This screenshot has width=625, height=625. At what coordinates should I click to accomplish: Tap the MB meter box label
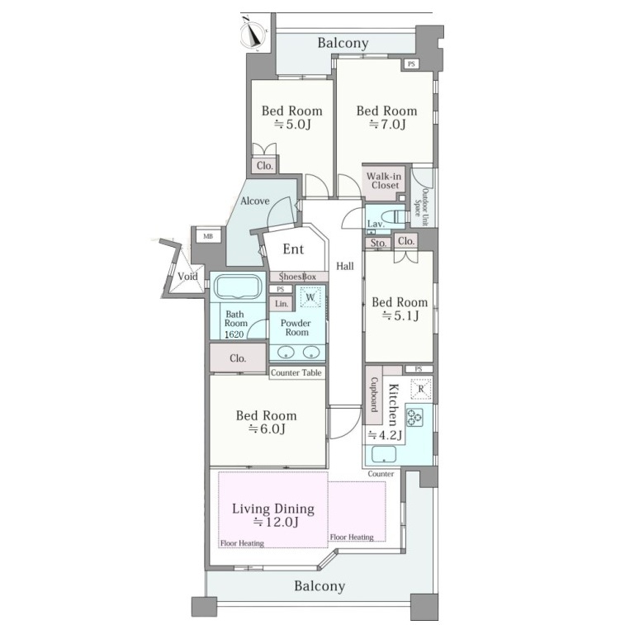coord(208,236)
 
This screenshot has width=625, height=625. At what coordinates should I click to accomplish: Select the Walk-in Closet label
coord(385,181)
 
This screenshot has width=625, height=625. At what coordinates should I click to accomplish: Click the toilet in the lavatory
coord(400,217)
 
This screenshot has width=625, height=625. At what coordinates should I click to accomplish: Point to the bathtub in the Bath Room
coord(238,286)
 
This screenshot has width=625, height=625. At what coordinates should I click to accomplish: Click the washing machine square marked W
coord(310,297)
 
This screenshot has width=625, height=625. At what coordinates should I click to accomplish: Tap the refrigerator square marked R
coord(421,389)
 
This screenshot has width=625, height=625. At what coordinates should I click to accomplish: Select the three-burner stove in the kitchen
coord(414,417)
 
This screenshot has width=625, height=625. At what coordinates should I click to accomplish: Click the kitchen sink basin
coord(383,454)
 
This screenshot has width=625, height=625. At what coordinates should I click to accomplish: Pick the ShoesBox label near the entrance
coord(297,277)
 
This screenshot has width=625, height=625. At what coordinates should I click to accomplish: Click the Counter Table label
coord(296,372)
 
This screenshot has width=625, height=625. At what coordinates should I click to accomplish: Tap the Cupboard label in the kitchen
coord(374,395)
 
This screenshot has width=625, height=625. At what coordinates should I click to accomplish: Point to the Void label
coord(187,277)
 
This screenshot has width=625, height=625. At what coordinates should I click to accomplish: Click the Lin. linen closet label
coord(282,304)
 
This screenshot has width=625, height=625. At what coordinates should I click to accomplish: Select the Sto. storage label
coord(378,243)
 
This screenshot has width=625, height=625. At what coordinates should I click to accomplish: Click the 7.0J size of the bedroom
coord(387,125)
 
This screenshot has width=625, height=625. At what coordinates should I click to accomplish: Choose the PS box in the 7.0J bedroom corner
coord(411,64)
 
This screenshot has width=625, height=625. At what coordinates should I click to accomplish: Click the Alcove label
coord(254,201)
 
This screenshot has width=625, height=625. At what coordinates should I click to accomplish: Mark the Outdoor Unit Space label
coord(421,207)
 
